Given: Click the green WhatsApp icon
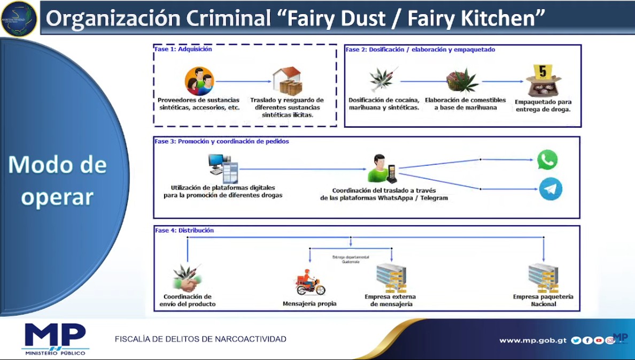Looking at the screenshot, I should pos(547,160).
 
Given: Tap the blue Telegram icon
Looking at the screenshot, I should pos(550,189).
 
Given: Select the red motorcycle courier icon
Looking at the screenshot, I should pos(310,284).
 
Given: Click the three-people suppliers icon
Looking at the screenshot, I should pos(199,81).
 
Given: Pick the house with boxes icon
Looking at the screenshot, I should pos(287,81).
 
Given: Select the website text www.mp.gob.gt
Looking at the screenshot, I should pos(533,340).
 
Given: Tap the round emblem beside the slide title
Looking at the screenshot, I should pos(19,19).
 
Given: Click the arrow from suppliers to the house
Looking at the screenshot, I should pos(243,81).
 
